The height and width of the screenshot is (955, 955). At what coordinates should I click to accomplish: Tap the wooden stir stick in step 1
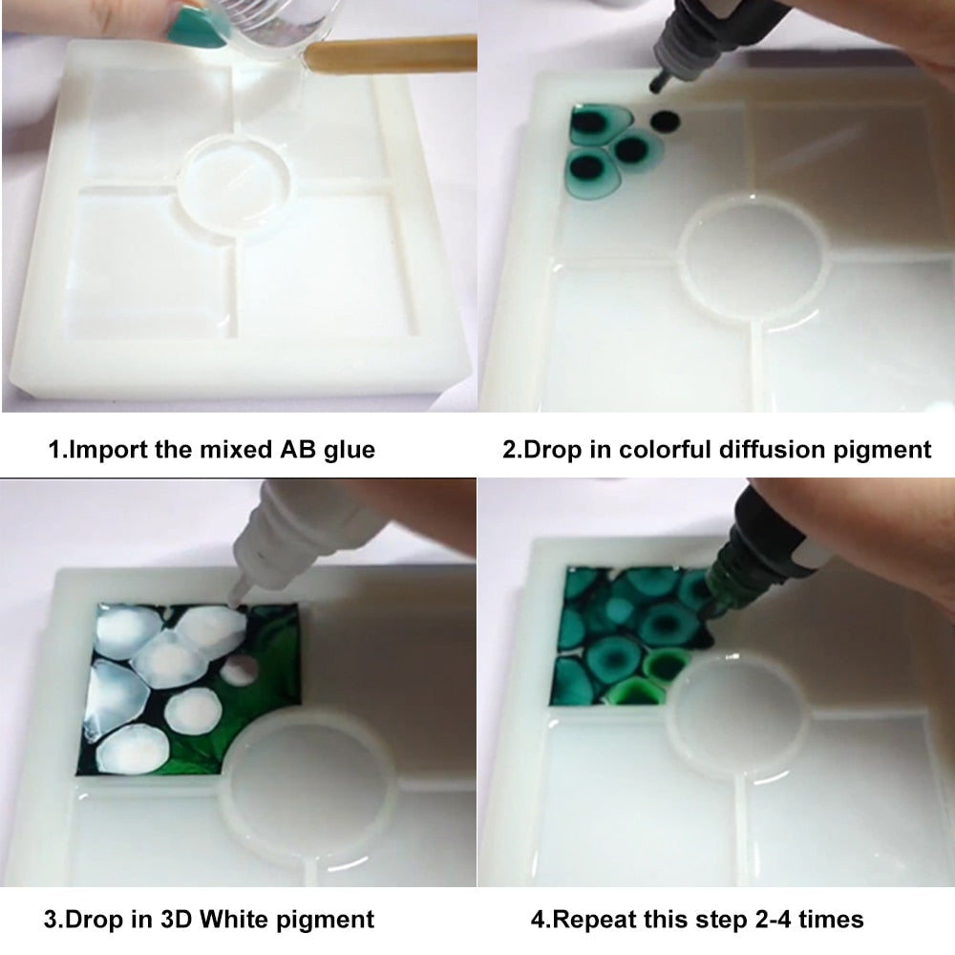(391, 54)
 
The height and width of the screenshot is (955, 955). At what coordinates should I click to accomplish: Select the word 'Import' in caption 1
(107, 450)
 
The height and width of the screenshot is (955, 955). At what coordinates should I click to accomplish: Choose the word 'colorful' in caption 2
(665, 449)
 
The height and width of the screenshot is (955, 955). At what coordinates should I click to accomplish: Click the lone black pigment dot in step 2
(665, 121)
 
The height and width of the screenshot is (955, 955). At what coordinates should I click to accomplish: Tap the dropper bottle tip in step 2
(658, 82)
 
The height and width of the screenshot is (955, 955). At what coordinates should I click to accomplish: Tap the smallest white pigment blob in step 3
(238, 670)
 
